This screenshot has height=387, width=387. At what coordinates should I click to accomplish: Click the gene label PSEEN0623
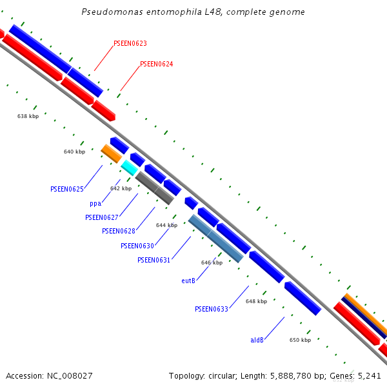point(130,43)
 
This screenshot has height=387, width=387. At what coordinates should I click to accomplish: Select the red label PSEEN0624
point(156,64)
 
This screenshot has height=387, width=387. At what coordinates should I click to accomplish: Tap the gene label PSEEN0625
point(67,189)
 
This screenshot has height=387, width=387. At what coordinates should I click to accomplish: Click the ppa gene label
point(95,203)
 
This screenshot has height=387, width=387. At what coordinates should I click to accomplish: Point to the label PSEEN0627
point(102,217)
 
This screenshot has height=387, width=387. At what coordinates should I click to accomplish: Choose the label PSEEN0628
point(119,231)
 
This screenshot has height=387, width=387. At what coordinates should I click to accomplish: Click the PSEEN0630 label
point(137,246)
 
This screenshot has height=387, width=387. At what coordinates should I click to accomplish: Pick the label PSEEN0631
point(154,260)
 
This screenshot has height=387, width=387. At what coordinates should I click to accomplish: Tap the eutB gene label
point(188,281)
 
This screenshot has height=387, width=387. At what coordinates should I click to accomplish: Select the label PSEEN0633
point(212,309)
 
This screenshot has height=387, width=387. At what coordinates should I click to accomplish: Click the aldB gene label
point(257,340)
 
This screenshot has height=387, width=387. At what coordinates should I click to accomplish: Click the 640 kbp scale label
point(74,152)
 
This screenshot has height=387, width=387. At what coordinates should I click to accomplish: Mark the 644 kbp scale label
point(166,225)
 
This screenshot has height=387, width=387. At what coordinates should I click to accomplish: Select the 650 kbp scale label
point(300,340)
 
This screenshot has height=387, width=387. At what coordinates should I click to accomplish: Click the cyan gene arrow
point(130,168)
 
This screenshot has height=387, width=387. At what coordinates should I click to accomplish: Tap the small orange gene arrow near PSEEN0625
point(112,154)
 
